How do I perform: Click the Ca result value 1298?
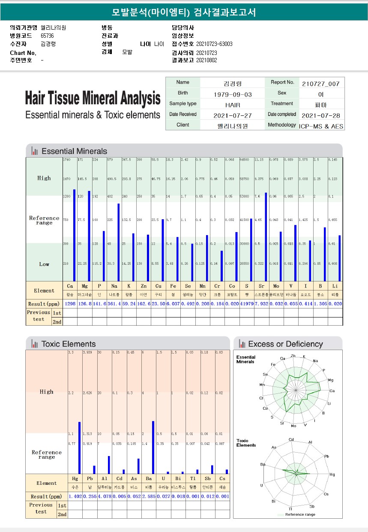70,304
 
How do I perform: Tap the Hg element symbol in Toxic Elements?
75,478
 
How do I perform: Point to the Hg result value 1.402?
75,496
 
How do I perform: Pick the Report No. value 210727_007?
320,84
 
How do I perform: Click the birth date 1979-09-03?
233,94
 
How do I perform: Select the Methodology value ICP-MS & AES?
321,127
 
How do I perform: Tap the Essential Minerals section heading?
74,151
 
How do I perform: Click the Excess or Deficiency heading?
285,344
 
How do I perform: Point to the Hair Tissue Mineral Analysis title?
93,98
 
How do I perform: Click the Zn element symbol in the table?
143,286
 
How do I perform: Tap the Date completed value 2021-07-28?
320,116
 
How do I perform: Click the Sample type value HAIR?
233,105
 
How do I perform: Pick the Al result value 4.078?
105,496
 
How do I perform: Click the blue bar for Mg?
89,236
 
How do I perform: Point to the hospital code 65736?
48,36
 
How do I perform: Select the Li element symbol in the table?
335,286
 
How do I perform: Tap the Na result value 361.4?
114,304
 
